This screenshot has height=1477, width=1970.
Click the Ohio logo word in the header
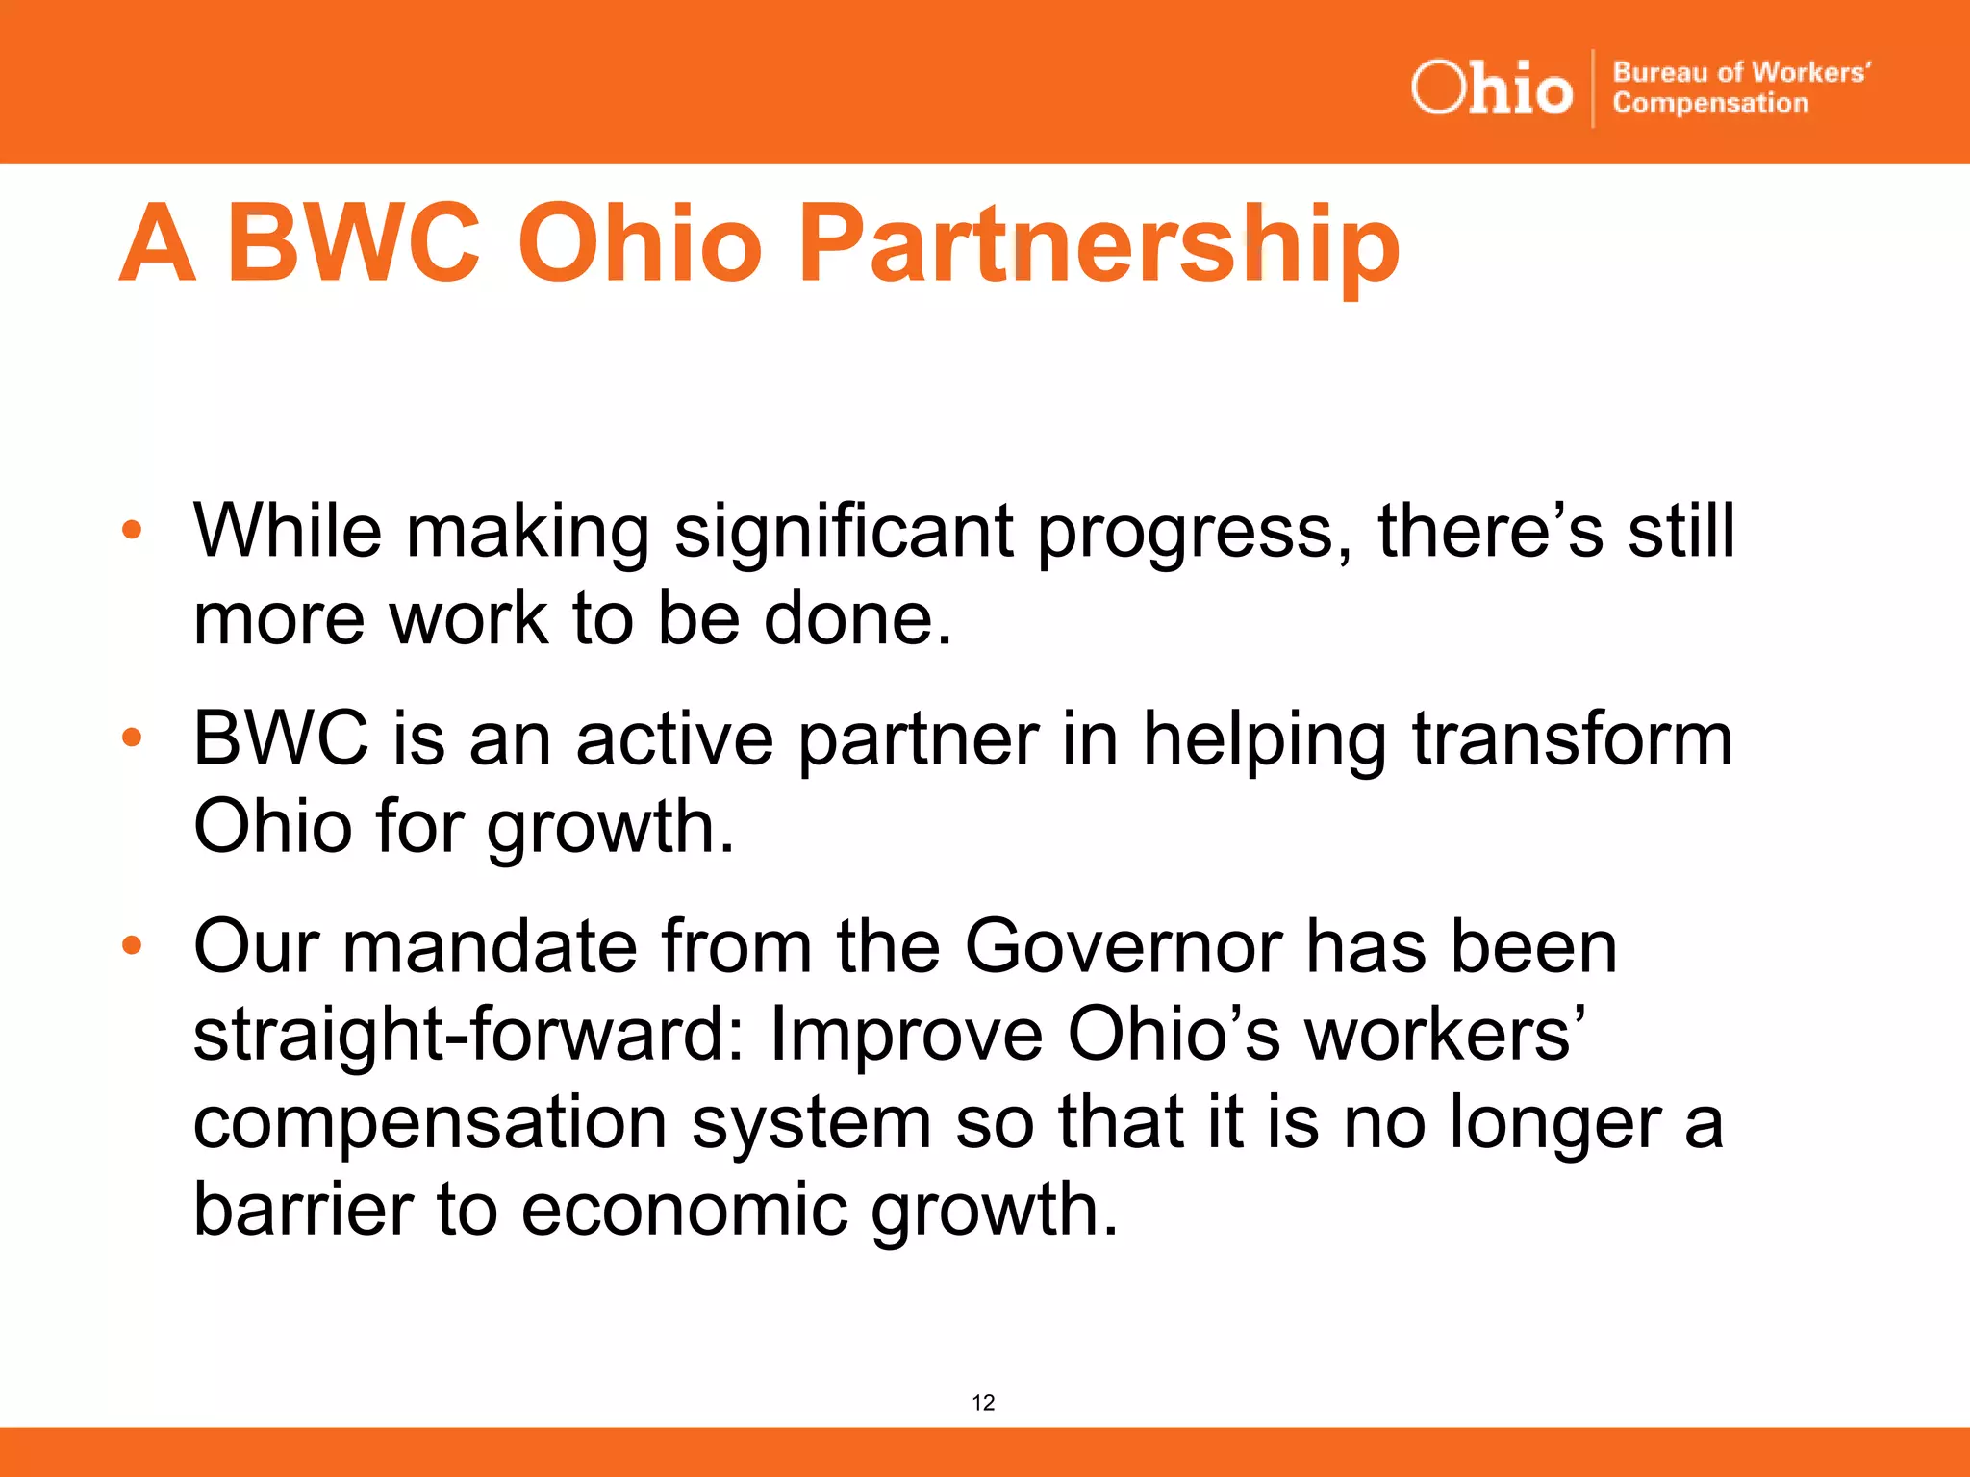click(1491, 88)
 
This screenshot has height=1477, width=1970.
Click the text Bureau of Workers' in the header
click(1741, 72)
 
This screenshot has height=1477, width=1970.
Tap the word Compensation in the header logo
click(1710, 103)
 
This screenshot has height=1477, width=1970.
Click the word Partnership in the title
click(1099, 245)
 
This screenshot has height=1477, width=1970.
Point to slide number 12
click(983, 1402)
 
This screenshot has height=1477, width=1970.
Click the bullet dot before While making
click(132, 529)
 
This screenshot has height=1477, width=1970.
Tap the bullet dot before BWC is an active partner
click(132, 738)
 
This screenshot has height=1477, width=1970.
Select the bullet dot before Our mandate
click(132, 945)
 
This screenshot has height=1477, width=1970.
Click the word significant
click(844, 532)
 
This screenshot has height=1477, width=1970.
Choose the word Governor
click(1124, 946)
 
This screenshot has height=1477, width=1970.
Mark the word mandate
click(490, 946)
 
